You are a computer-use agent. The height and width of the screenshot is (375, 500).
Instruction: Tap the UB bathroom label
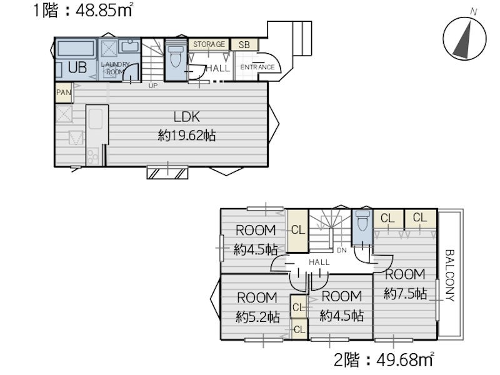[77, 67]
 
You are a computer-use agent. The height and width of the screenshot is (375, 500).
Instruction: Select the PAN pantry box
[64, 92]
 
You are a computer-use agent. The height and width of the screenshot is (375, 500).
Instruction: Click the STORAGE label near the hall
[209, 44]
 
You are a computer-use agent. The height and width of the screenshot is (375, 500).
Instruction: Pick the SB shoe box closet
[244, 44]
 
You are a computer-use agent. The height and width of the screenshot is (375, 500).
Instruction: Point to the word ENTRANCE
[257, 67]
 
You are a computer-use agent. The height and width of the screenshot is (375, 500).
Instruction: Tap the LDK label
[186, 117]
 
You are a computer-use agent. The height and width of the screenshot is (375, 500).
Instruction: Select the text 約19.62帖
[187, 136]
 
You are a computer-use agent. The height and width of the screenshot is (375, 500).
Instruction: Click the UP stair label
[153, 86]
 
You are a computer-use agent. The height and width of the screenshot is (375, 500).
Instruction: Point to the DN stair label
[341, 251]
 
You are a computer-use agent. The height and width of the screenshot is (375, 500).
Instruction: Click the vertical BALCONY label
[449, 276]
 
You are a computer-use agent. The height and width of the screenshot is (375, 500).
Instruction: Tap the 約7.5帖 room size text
[406, 293]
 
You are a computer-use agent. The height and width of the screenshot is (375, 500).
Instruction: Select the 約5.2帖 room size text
[257, 317]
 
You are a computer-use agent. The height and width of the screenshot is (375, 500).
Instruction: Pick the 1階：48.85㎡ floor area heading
[83, 10]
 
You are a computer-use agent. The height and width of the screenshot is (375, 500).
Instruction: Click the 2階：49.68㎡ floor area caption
[384, 360]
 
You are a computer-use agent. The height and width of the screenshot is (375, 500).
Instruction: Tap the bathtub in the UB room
[76, 49]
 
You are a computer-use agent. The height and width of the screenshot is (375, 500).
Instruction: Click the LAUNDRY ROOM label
[115, 68]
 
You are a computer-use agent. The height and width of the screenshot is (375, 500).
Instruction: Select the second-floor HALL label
[319, 262]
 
